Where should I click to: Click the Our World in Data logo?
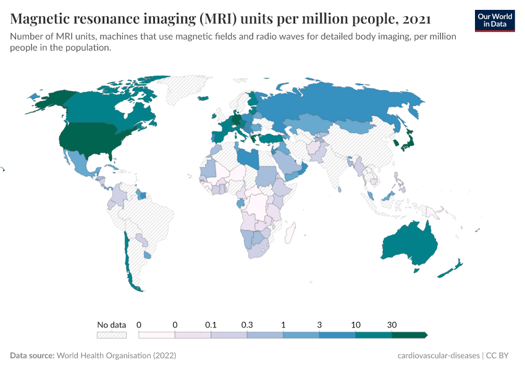click(x=494, y=20)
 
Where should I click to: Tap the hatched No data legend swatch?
click(x=111, y=335)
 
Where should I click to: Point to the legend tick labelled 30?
click(x=392, y=324)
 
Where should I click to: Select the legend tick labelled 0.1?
click(x=211, y=324)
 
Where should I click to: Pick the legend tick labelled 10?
click(x=356, y=324)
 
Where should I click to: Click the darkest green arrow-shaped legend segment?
click(x=409, y=335)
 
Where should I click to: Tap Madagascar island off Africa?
click(x=289, y=234)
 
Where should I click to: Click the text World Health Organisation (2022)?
click(x=116, y=356)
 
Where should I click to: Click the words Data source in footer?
click(x=32, y=356)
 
